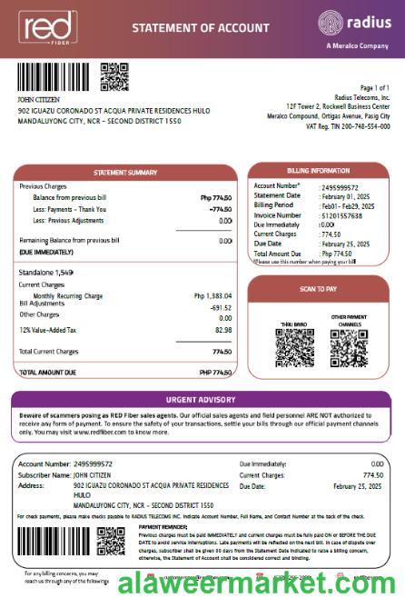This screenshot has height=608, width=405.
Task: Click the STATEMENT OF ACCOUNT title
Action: point(191,28)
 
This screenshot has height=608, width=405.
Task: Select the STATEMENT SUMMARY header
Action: point(125,173)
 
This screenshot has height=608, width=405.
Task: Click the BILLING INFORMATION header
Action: point(318,170)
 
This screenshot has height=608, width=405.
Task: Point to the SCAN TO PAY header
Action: point(318,288)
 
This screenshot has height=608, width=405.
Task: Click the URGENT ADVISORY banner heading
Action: point(202,400)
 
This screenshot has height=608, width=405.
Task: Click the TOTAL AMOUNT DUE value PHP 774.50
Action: point(215,373)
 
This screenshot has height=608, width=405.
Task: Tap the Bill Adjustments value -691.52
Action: point(221,307)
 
